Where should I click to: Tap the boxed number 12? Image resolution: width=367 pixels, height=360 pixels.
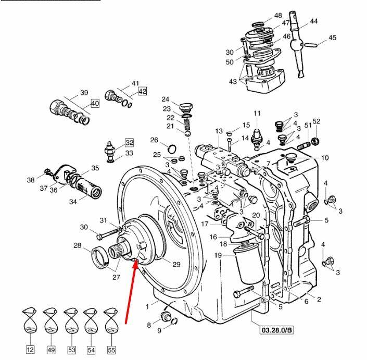(x=30, y=350)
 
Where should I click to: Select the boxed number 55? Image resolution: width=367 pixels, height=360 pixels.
(x=111, y=350)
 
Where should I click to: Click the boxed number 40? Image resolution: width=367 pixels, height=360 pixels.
(x=95, y=103)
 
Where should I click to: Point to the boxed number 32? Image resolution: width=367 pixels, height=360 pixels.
(x=129, y=142)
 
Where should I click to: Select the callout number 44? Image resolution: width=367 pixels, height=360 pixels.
(x=313, y=21)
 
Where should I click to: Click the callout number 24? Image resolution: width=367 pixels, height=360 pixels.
(x=165, y=99)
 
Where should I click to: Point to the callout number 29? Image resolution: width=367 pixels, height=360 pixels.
(x=176, y=265)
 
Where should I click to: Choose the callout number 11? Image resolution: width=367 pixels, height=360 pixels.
(x=257, y=114)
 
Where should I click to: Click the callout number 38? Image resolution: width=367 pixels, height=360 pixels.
(x=30, y=180)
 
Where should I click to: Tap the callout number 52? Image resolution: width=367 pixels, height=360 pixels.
(x=317, y=121)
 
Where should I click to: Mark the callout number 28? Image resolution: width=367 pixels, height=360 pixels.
(x=77, y=245)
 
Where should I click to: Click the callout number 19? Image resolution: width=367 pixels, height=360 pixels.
(x=218, y=255)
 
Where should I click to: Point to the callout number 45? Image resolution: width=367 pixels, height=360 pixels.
(x=332, y=38)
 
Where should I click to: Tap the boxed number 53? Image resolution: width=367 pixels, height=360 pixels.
(x=71, y=350)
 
